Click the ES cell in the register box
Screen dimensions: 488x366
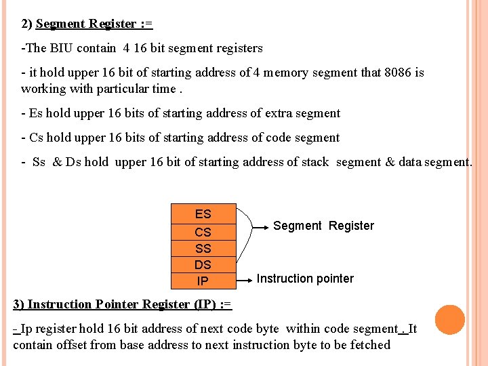coord(203,214)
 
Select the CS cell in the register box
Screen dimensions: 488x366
coord(203,232)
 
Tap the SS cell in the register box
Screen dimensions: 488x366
coord(203,249)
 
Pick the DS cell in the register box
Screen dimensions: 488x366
coord(203,265)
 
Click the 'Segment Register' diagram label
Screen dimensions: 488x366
coord(323,226)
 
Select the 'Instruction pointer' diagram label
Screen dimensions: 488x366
coord(305,279)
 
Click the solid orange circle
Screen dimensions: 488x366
coord(450,320)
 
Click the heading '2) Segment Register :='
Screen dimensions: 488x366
coord(87,24)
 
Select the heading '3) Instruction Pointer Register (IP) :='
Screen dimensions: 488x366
coord(123,304)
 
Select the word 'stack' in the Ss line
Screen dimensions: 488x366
coord(314,162)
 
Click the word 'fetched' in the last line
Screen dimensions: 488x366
coord(369,345)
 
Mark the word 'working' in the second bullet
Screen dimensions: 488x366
coord(43,89)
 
